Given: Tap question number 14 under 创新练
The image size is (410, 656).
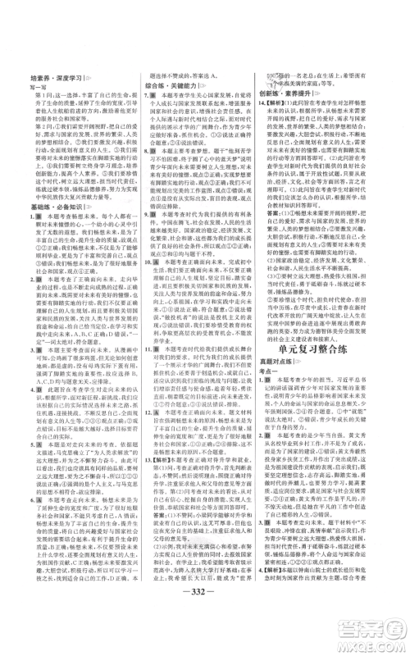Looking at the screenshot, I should click(266, 129).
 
